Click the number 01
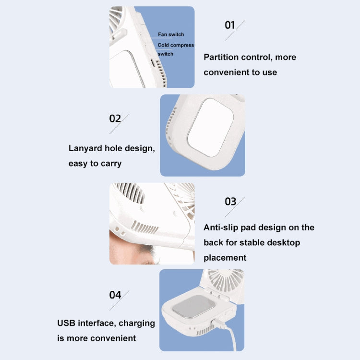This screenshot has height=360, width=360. click(230, 25)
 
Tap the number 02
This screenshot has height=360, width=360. click(115, 119)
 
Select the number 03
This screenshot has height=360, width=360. click(230, 201)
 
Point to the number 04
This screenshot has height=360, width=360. click(115, 294)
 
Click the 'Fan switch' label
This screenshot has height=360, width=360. click(171, 35)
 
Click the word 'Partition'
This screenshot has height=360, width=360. click(221, 57)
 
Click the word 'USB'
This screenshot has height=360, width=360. click(67, 323)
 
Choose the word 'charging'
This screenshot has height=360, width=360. click(137, 323)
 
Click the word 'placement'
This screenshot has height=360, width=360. click(225, 258)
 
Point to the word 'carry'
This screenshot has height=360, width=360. click(111, 163)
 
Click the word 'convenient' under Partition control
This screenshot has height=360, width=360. click(226, 72)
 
